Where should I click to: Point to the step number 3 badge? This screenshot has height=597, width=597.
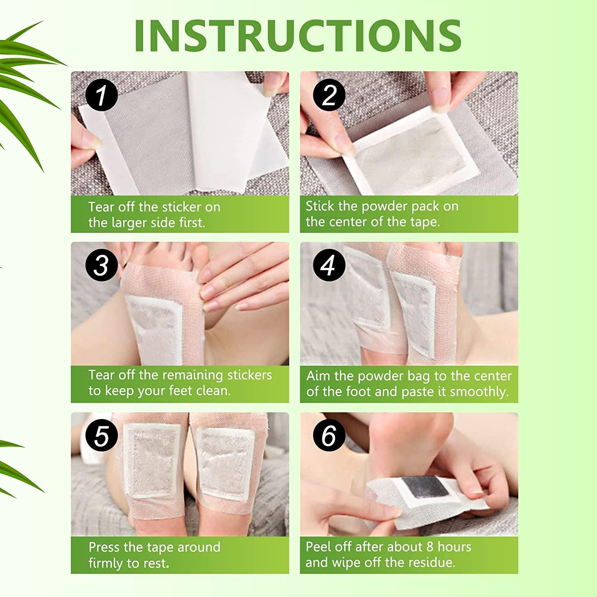coord(101,265)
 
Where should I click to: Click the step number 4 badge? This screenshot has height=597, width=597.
coord(329,265)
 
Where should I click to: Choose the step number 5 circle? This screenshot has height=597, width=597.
coord(101,436)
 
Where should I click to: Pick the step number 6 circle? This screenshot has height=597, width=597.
coord(329,436)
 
